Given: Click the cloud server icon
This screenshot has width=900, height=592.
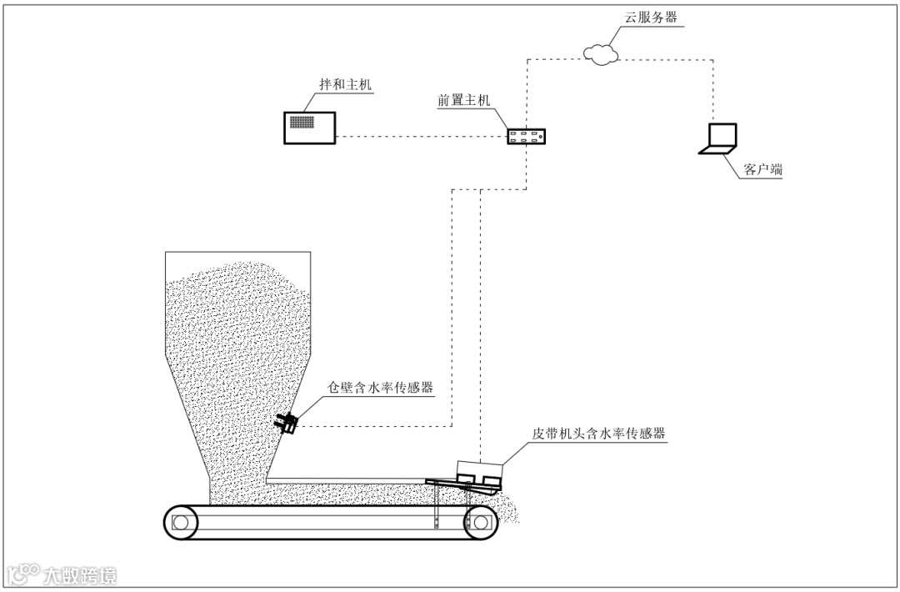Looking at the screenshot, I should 601,53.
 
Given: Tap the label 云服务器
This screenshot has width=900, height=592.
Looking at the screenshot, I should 650,18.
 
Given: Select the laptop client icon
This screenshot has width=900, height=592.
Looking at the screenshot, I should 718,139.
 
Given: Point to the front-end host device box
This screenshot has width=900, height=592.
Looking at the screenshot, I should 527,136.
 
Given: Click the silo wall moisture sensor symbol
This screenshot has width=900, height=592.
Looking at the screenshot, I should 288,424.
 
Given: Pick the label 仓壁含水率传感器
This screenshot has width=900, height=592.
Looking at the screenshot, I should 382,388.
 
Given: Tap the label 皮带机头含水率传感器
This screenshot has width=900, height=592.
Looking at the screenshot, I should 599,434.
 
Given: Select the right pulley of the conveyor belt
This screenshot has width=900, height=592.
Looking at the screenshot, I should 480,521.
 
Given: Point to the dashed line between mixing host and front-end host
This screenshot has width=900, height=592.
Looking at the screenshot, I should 421,137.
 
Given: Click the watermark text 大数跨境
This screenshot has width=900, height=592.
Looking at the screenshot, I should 81,574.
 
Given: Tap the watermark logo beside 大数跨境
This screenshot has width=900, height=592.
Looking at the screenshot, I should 22,574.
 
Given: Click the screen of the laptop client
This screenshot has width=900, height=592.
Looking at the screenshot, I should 722,135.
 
